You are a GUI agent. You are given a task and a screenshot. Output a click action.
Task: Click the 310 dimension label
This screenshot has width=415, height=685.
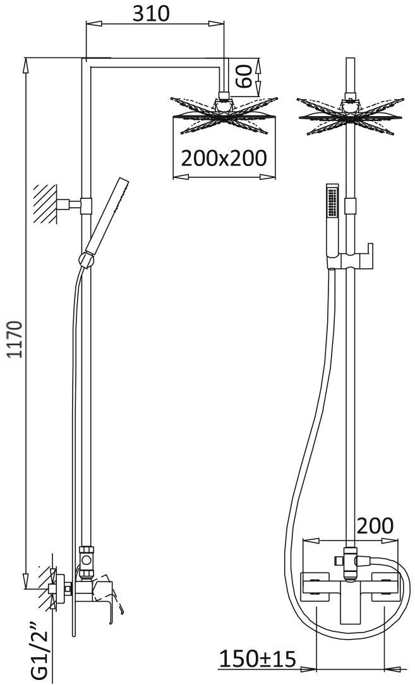(151, 14)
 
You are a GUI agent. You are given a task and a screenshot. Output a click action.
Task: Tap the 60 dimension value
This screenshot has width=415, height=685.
(244, 76)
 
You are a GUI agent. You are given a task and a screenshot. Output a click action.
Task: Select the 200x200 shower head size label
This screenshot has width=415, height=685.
(224, 158)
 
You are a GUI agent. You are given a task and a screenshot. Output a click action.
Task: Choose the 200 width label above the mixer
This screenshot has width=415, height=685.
(375, 526)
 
